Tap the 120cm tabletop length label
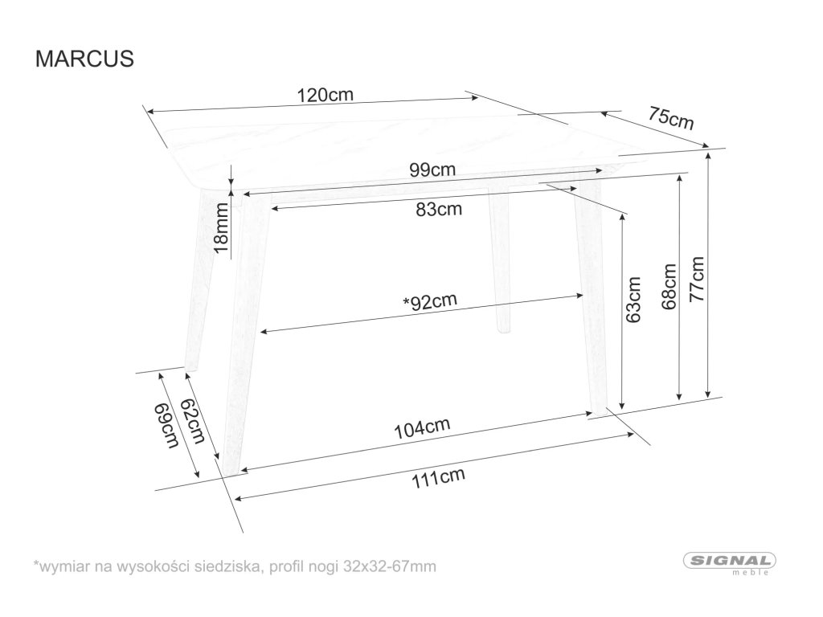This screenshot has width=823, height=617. (326, 94)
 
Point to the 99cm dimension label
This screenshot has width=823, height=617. (432, 170)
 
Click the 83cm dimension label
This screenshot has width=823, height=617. (439, 210)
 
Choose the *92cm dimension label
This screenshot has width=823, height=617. (429, 303)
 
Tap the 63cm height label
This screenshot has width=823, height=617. (635, 300)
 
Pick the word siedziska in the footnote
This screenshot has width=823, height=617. (229, 567)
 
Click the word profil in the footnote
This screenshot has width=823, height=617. (288, 567)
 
